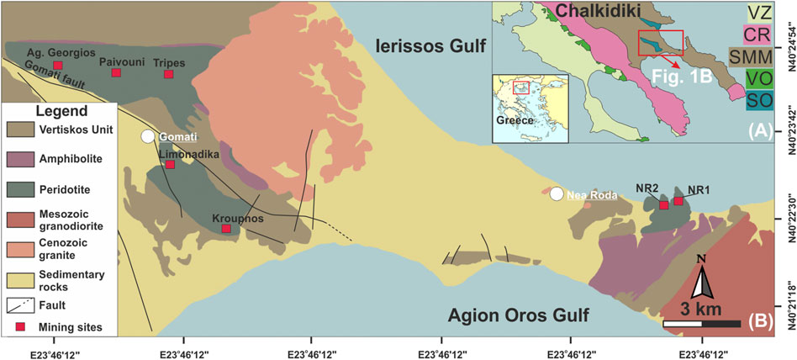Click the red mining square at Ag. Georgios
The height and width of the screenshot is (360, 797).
pyautogui.click(x=57, y=66)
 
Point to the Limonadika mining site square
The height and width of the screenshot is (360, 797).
pyautogui.click(x=170, y=165)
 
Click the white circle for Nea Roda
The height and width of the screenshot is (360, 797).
pyautogui.click(x=557, y=194)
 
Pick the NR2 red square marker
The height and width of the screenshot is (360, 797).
pyautogui.click(x=663, y=205)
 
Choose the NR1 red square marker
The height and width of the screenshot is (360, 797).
pyautogui.click(x=678, y=202)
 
